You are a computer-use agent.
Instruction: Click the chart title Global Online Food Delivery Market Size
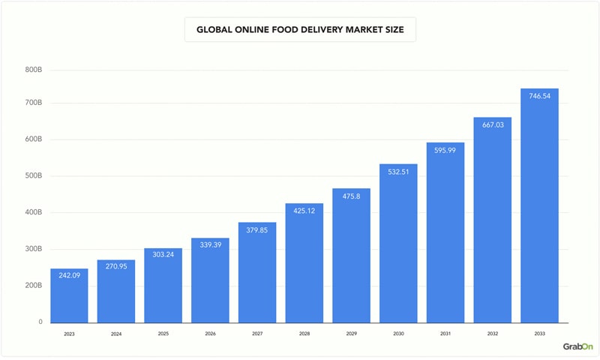click(300, 30)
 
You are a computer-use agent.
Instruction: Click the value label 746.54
click(539, 97)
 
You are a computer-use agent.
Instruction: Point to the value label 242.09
click(69, 275)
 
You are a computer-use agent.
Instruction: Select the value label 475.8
click(351, 197)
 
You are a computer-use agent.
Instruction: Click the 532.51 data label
click(398, 172)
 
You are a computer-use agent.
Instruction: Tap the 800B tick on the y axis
click(33, 70)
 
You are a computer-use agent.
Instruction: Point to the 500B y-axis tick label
click(33, 176)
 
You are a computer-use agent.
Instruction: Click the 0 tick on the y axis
click(40, 322)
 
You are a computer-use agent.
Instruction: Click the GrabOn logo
click(577, 346)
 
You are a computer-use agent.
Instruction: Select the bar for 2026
click(210, 281)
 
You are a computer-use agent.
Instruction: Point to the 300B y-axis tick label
click(33, 249)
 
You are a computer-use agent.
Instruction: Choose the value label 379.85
click(257, 231)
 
